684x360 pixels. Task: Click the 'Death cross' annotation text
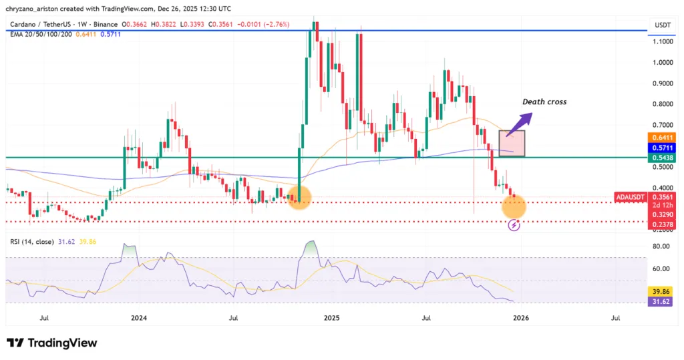tap(544, 102)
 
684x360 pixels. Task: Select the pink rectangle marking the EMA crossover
tap(512, 143)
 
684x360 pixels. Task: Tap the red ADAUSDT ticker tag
tap(632, 196)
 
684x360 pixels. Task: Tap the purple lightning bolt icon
tap(513, 226)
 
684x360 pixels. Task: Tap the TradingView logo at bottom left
tap(52, 343)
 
